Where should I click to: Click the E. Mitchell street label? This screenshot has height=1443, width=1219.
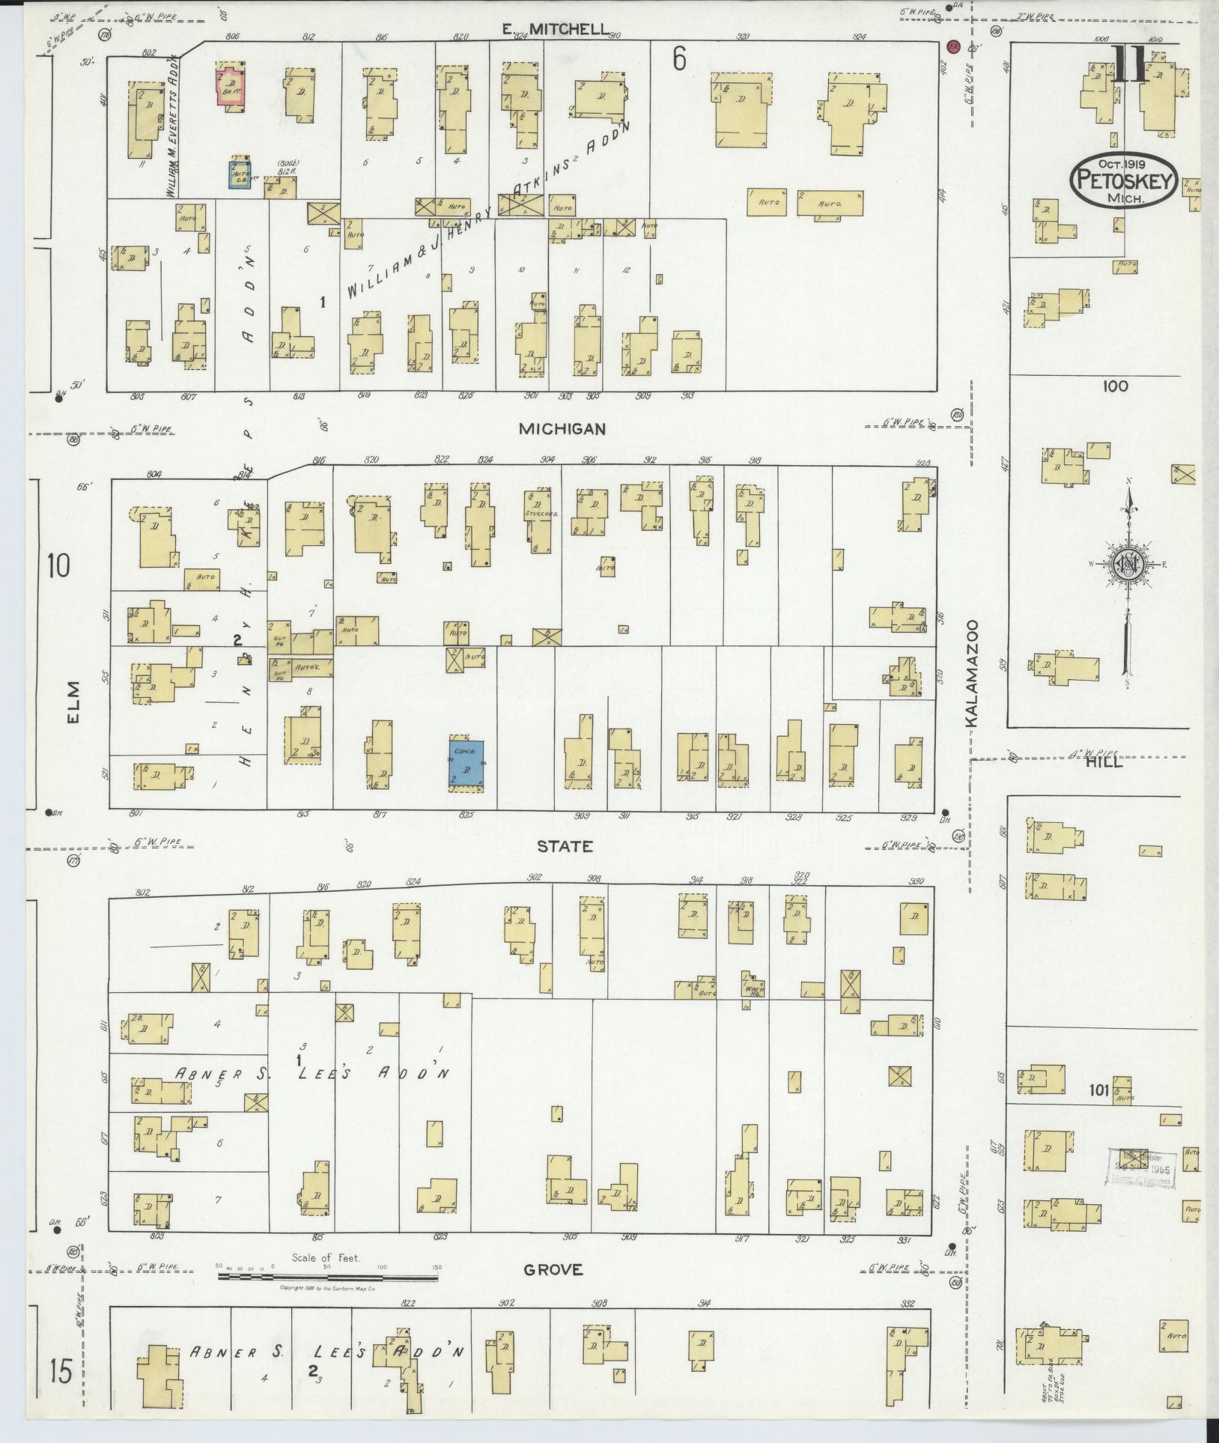[x=555, y=29]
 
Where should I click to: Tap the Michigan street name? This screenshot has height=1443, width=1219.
[x=561, y=429]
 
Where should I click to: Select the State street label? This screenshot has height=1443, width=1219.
[x=565, y=846]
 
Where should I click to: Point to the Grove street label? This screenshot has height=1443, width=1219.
[x=553, y=1269]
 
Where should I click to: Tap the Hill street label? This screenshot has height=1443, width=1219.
[x=1104, y=762]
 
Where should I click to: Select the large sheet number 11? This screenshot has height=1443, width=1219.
[x=1127, y=65]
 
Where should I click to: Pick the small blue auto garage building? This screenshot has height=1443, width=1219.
[x=240, y=174]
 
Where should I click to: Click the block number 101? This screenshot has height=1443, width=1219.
[x=1098, y=1091]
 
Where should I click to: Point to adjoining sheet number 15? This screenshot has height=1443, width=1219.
[x=61, y=1373]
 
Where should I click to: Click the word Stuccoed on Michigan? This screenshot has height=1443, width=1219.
[x=539, y=515]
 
